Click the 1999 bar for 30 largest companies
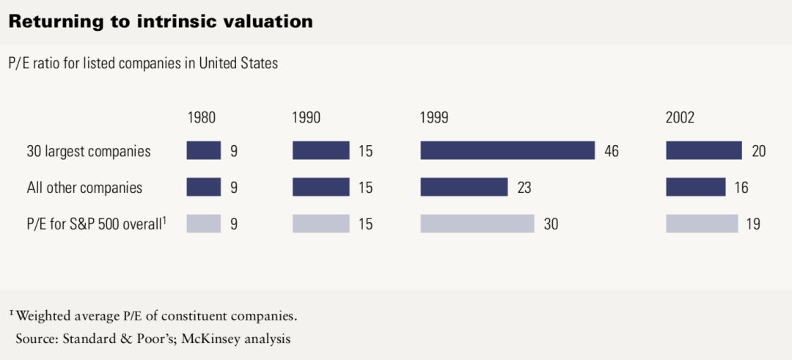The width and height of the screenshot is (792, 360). tap(507, 151)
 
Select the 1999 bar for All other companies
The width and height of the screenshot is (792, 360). tap(463, 187)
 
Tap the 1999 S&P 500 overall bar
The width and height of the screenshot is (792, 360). tap(477, 224)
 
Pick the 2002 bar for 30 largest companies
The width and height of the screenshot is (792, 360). tap(704, 151)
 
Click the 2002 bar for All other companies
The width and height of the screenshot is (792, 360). tap(696, 187)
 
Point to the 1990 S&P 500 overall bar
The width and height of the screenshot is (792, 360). tap(320, 224)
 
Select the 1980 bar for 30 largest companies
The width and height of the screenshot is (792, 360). tap(204, 151)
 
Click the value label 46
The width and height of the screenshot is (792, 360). tap(612, 152)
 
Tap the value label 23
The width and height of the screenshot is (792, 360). tap(524, 188)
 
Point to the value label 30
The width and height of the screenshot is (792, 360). tap(550, 224)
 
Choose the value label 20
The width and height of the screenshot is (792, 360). tap(758, 152)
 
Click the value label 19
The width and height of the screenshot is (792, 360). tap(753, 224)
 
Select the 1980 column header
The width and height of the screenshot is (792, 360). tap(202, 117)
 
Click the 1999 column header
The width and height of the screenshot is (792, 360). tap(434, 117)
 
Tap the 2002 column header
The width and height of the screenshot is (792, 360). tap(680, 117)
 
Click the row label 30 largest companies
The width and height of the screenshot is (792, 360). tap(88, 152)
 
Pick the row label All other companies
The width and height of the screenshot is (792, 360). tap(84, 188)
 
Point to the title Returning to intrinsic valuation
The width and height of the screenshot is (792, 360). tap(161, 22)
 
